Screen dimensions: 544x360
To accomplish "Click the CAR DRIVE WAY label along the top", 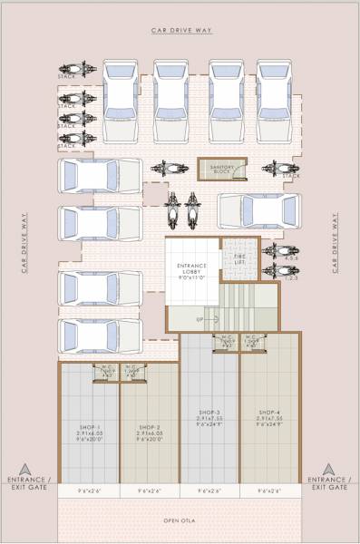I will [x=180, y=30].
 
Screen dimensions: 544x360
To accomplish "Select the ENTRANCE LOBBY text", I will [x=191, y=268].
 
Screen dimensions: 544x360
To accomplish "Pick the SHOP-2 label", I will [x=151, y=427].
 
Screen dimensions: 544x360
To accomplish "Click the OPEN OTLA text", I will [x=180, y=521].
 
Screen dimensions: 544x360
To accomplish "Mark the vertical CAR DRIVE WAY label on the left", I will [x=24, y=244].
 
